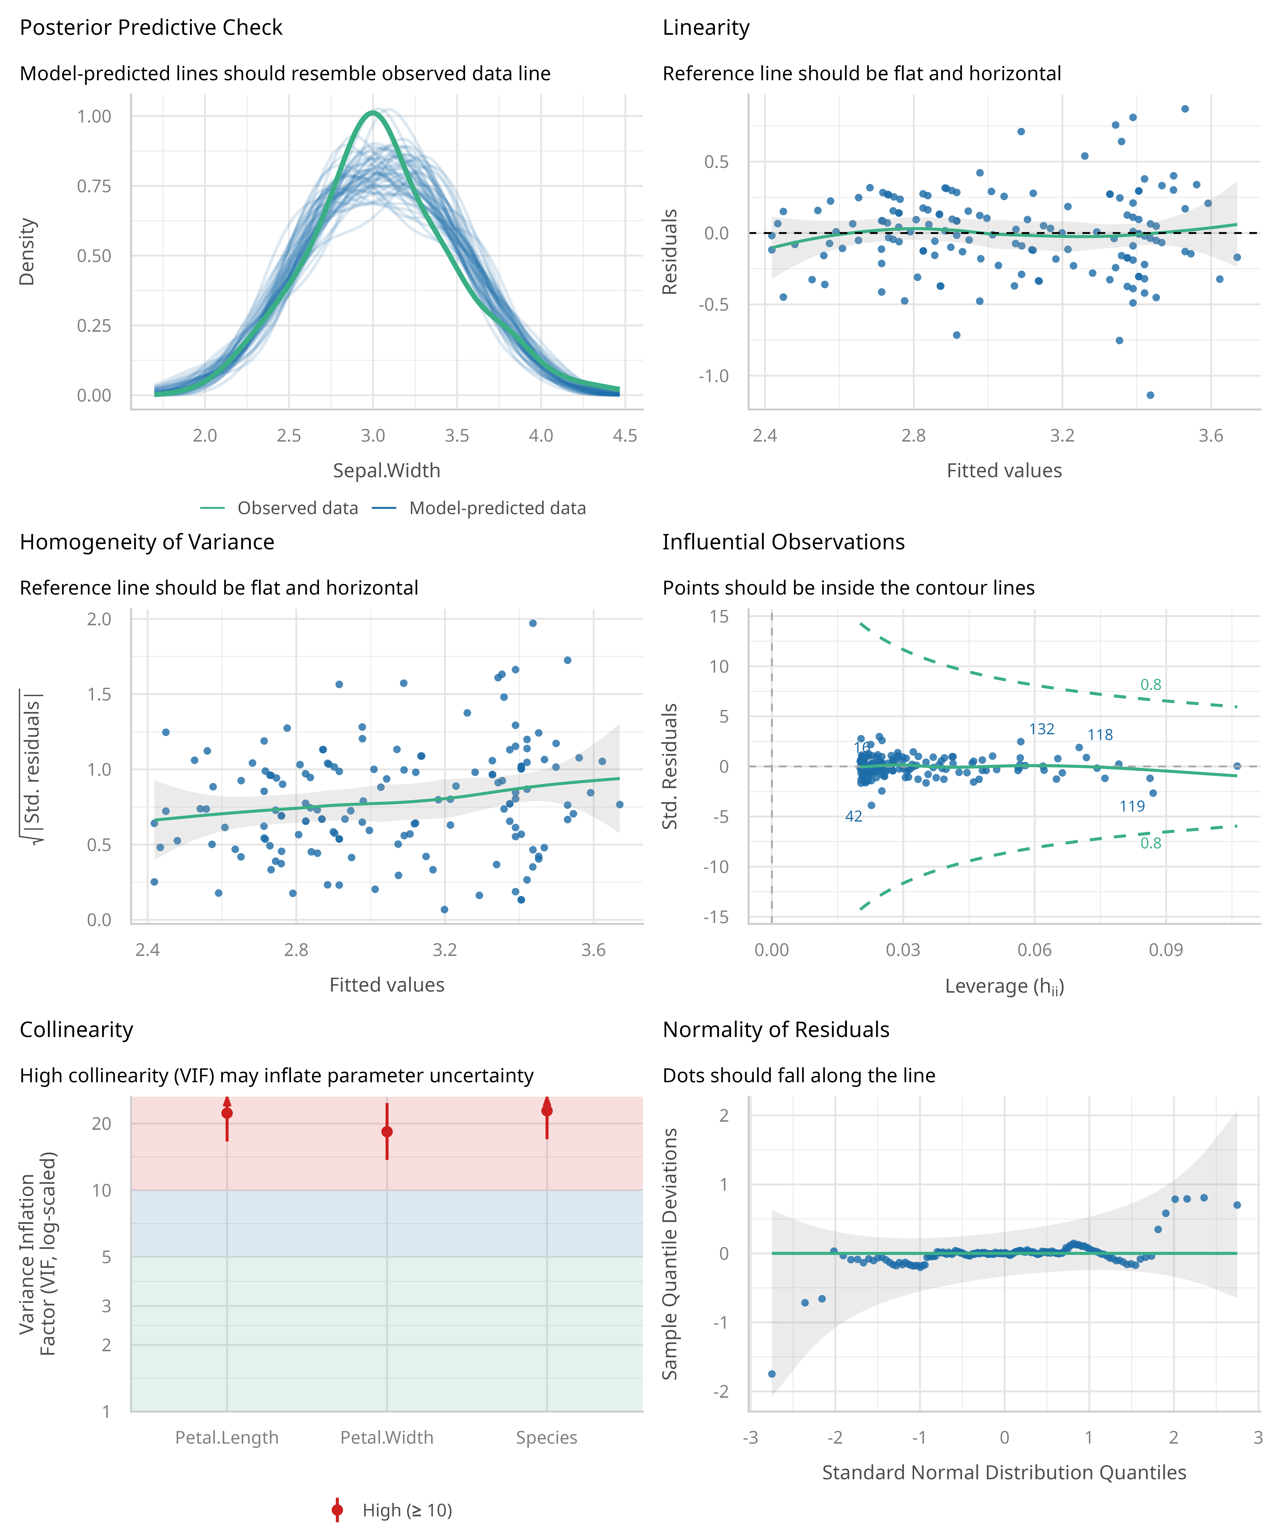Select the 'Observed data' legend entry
297,508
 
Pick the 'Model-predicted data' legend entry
497,508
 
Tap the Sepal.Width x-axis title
386,470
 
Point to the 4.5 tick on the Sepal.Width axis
625,436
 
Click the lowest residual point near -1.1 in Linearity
1150,395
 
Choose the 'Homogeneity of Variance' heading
147,542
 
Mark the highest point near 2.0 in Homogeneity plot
532,623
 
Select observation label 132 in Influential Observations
1041,729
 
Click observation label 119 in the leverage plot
1132,806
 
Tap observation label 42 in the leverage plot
854,816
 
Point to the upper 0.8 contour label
1151,685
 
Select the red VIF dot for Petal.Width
387,1132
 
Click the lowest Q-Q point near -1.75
772,1374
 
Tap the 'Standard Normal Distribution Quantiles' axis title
1004,1472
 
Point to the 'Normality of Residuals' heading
775,1030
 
